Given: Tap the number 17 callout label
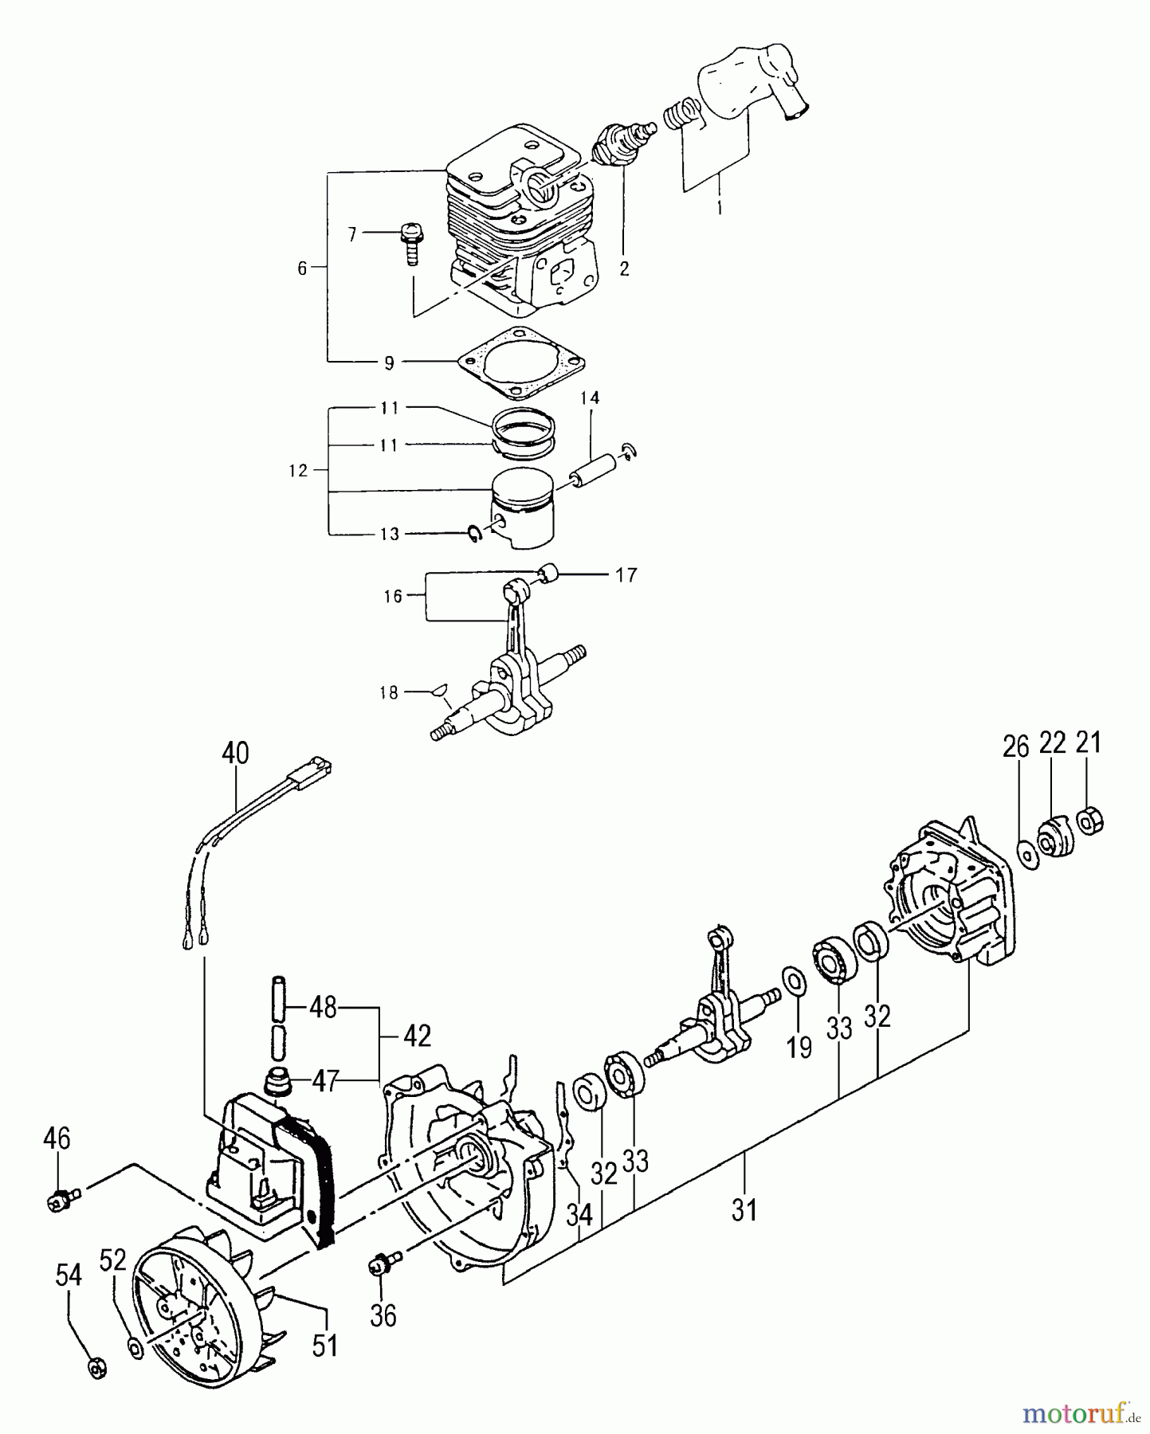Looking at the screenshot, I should pyautogui.click(x=626, y=574).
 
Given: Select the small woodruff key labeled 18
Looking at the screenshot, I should pyautogui.click(x=438, y=690).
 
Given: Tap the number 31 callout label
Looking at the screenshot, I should pyautogui.click(x=744, y=1210).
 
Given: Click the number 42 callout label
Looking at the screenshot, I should pyautogui.click(x=416, y=1035).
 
